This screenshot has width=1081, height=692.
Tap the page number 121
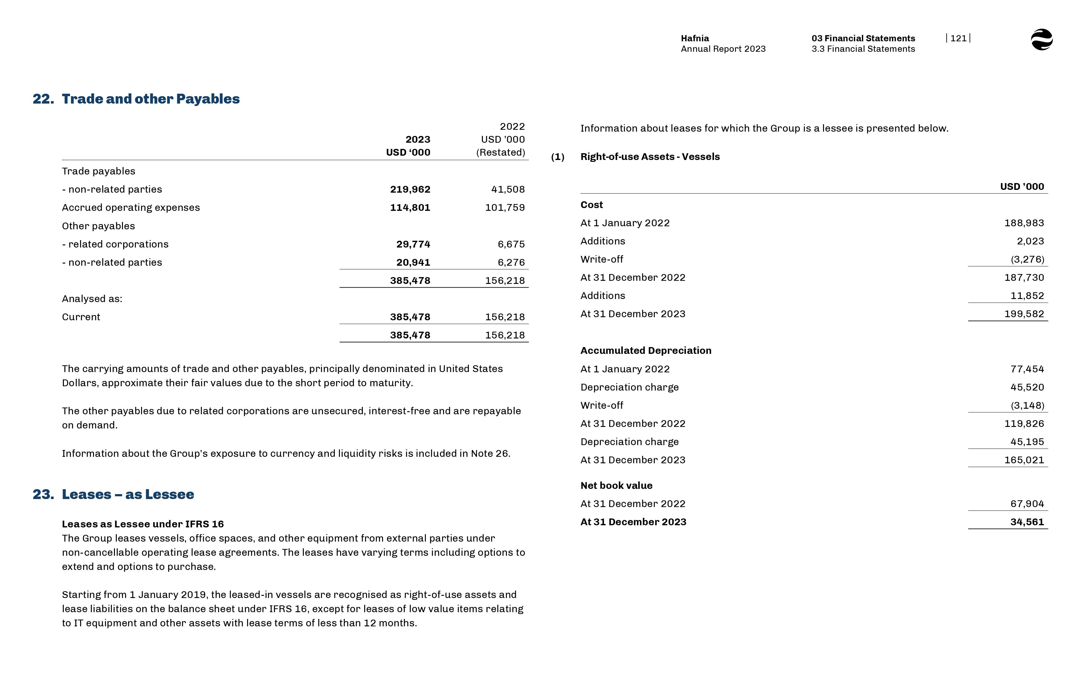pyautogui.click(x=958, y=38)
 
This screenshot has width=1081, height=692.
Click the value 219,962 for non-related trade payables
pyautogui.click(x=410, y=189)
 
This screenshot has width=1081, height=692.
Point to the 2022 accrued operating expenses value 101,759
pyautogui.click(x=505, y=208)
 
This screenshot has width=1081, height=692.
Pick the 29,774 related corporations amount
pyautogui.click(x=413, y=244)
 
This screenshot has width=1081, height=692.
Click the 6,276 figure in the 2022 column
pyautogui.click(x=511, y=262)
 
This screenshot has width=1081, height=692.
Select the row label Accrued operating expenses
pyautogui.click(x=131, y=208)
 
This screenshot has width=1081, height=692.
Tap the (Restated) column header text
pyautogui.click(x=500, y=152)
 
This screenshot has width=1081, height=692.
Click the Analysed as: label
pyautogui.click(x=92, y=299)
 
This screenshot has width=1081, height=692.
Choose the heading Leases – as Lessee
pyautogui.click(x=128, y=494)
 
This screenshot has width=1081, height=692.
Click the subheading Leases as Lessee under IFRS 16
pyautogui.click(x=143, y=524)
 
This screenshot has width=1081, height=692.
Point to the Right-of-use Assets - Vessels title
pyautogui.click(x=650, y=157)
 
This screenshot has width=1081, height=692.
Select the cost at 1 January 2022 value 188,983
pyautogui.click(x=1024, y=223)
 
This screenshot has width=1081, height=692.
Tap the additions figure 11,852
pyautogui.click(x=1027, y=296)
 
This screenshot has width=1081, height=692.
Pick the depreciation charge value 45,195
pyautogui.click(x=1027, y=442)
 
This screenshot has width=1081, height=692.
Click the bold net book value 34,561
pyautogui.click(x=1027, y=522)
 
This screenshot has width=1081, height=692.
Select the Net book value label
pyautogui.click(x=616, y=485)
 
